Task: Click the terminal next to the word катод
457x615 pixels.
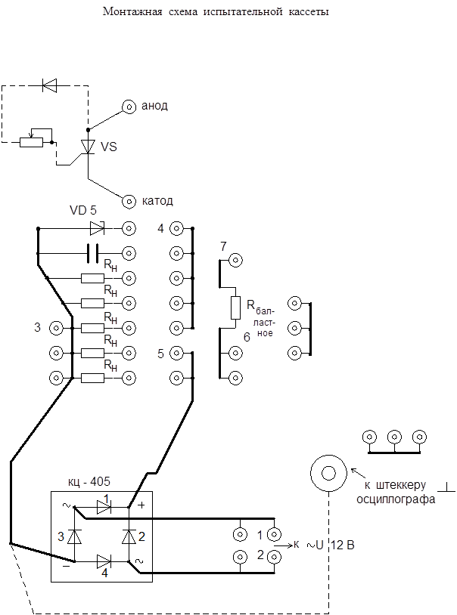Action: click(x=129, y=201)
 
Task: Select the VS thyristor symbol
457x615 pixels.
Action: click(x=88, y=146)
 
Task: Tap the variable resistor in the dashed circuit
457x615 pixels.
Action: click(x=31, y=141)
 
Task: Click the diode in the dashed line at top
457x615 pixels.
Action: click(x=50, y=85)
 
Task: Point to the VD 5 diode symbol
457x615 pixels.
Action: click(x=97, y=227)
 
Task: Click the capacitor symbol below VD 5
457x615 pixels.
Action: click(x=93, y=252)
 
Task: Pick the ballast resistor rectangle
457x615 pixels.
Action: click(x=235, y=307)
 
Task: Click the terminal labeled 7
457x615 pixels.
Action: click(x=235, y=261)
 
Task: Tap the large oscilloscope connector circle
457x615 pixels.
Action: click(x=329, y=474)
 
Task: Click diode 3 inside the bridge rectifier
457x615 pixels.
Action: click(x=74, y=536)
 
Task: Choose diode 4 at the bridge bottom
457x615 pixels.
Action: click(x=104, y=561)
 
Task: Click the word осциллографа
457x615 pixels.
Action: click(x=396, y=499)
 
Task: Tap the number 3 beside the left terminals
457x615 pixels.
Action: click(x=37, y=327)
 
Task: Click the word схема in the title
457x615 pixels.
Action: click(x=180, y=14)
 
